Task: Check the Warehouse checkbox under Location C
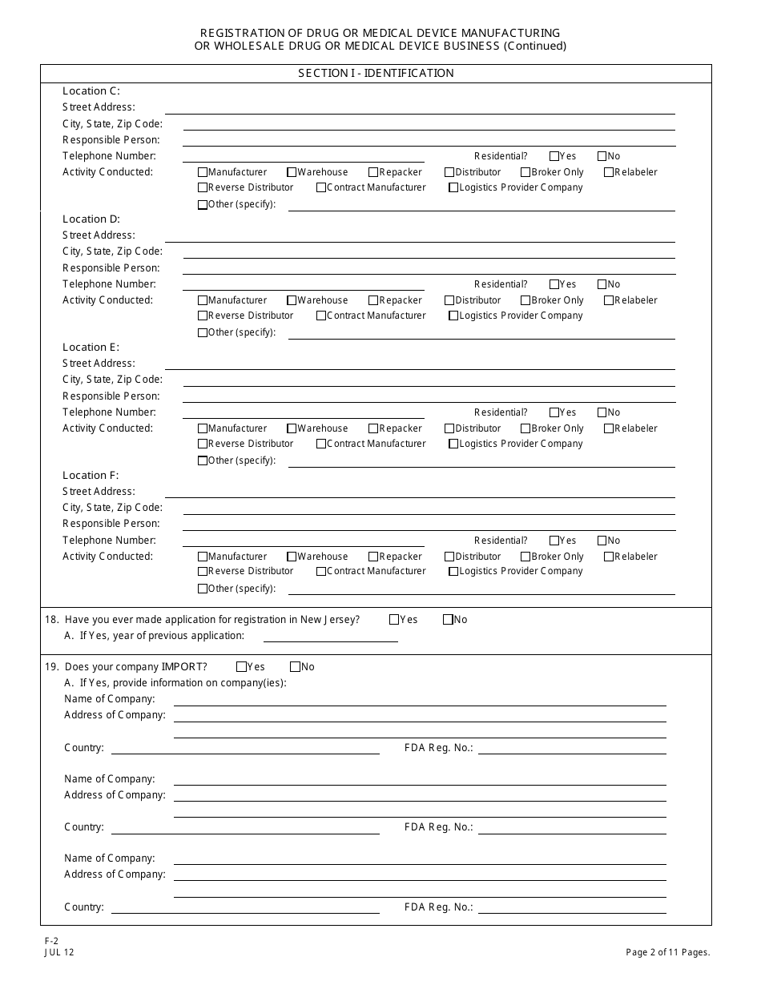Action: coord(292,172)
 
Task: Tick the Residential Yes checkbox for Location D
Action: coord(554,284)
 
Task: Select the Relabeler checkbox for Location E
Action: coord(609,428)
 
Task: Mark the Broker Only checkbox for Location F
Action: coord(525,557)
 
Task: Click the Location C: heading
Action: coord(91,91)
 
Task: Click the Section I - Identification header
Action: coord(376,73)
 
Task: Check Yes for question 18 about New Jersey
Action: coord(394,619)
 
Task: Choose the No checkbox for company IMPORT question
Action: coord(295,666)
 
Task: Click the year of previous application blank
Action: coord(330,636)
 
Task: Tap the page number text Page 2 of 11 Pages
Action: coord(668,952)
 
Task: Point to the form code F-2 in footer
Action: coord(51,942)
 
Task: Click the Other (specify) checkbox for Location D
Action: coord(203,332)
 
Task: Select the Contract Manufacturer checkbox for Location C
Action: coord(321,187)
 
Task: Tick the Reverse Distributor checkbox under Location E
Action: coord(203,444)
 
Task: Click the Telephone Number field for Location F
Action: coord(303,541)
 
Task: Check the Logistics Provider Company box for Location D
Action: coord(453,316)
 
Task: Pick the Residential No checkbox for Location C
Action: coord(602,156)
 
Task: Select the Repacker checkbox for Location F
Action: coord(373,557)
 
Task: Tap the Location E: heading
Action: coord(91,348)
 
